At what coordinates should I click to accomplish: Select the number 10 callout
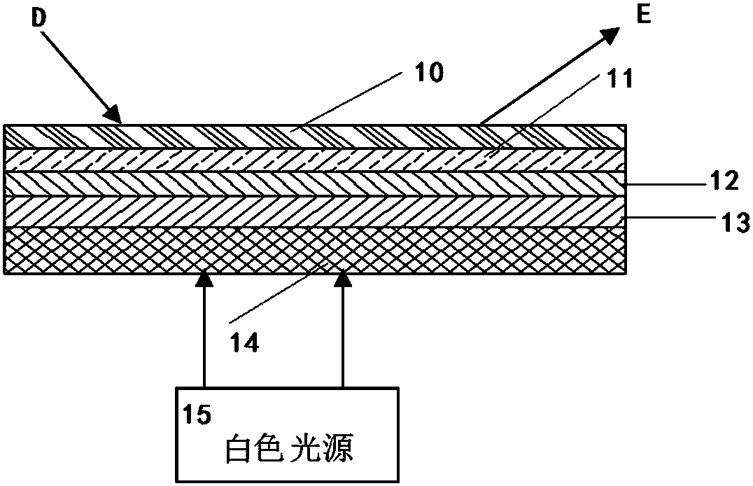pos(428,74)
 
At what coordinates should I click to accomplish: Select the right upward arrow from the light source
pos(342,329)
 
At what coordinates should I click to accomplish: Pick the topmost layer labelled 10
pos(210,137)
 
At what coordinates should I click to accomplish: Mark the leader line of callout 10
pos(350,103)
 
